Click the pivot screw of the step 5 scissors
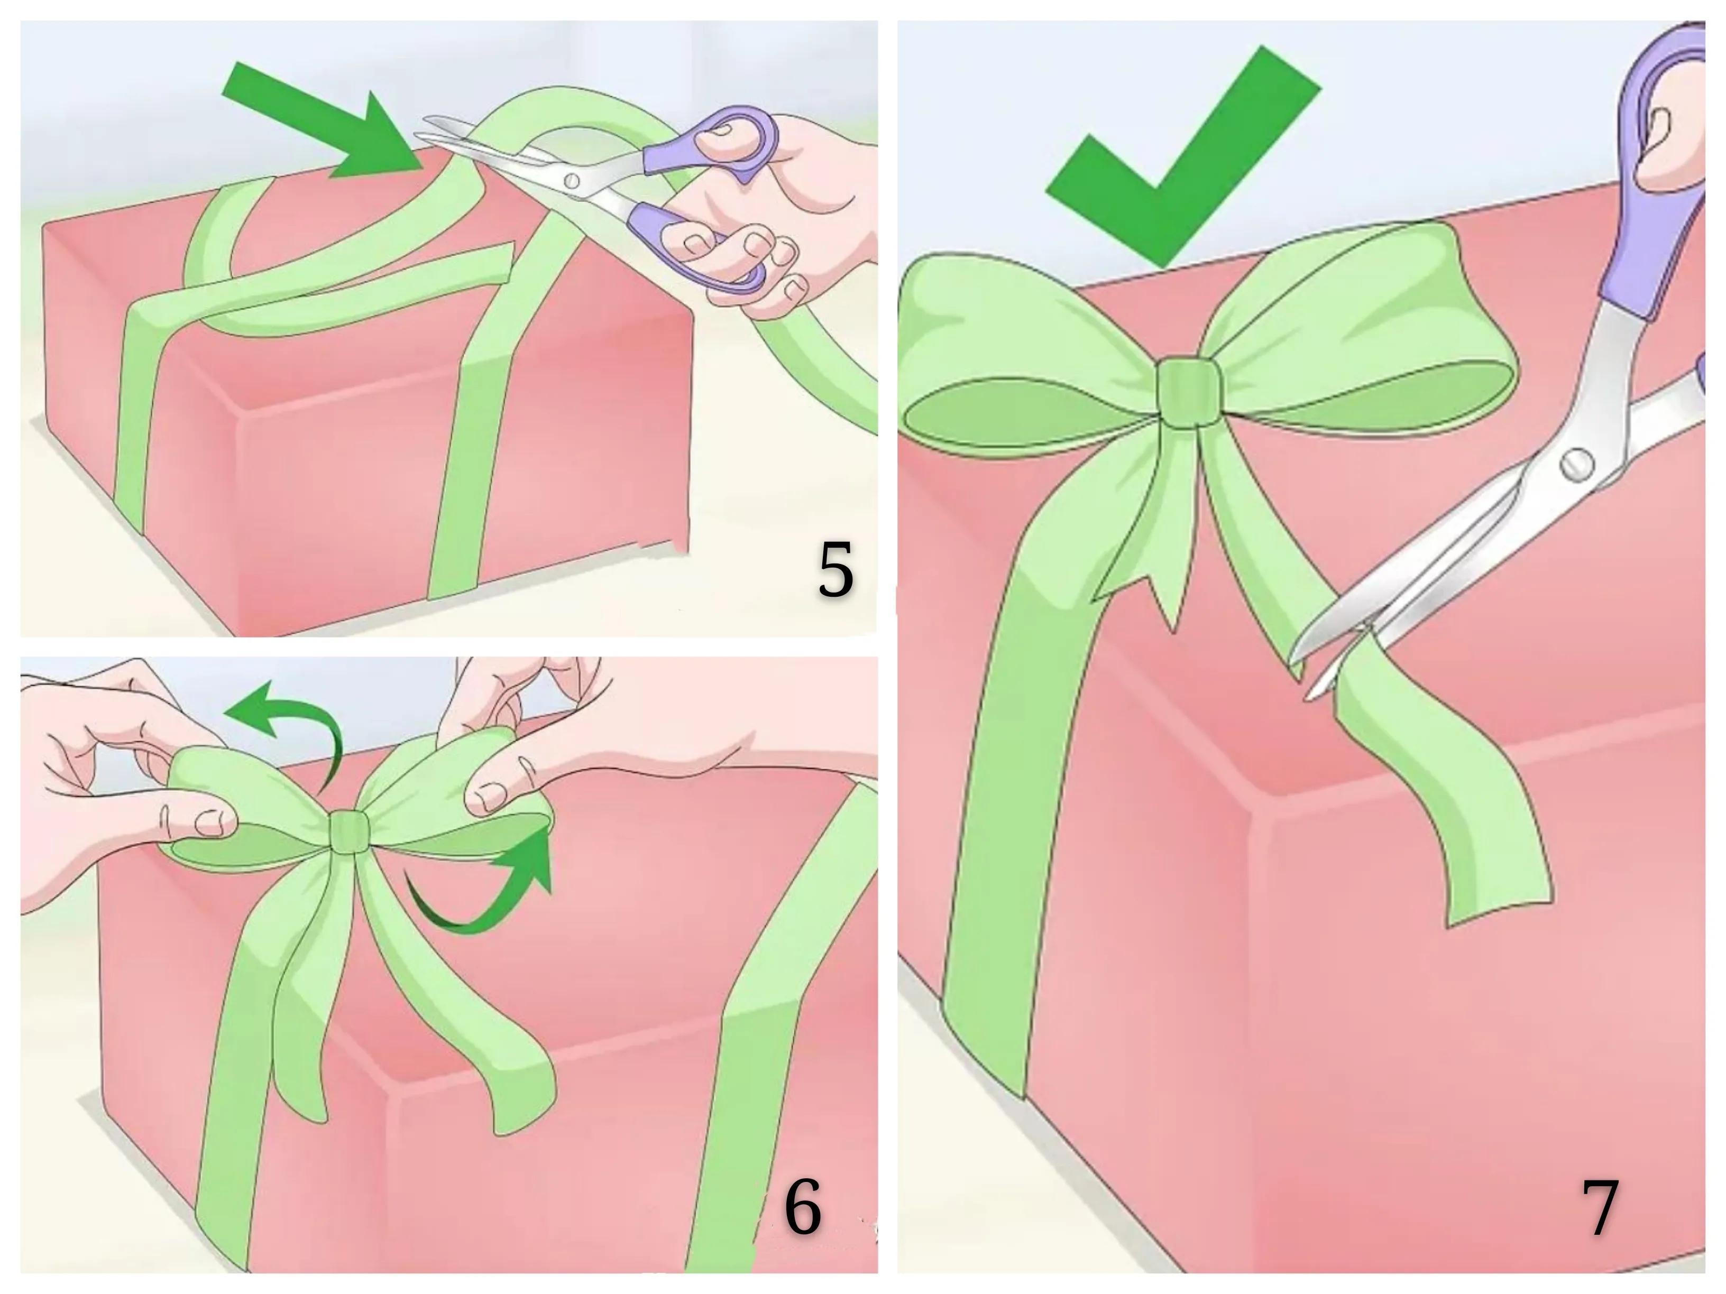point(572,181)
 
